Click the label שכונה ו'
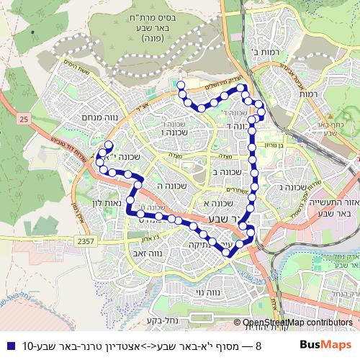tap(174, 132)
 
